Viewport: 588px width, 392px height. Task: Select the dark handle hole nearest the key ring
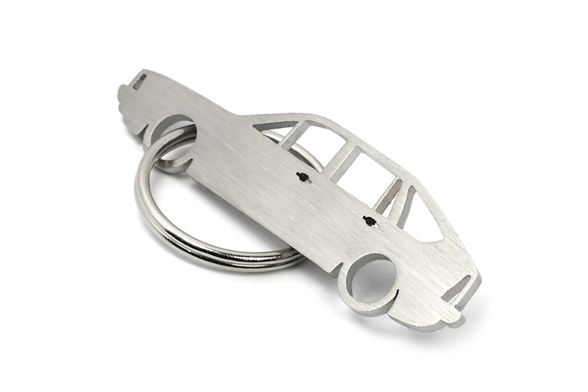click(x=302, y=177)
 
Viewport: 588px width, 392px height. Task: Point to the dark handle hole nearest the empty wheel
click(x=369, y=220)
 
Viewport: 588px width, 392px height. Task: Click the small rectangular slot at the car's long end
click(x=139, y=82)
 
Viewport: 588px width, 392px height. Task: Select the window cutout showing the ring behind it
click(x=318, y=145)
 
